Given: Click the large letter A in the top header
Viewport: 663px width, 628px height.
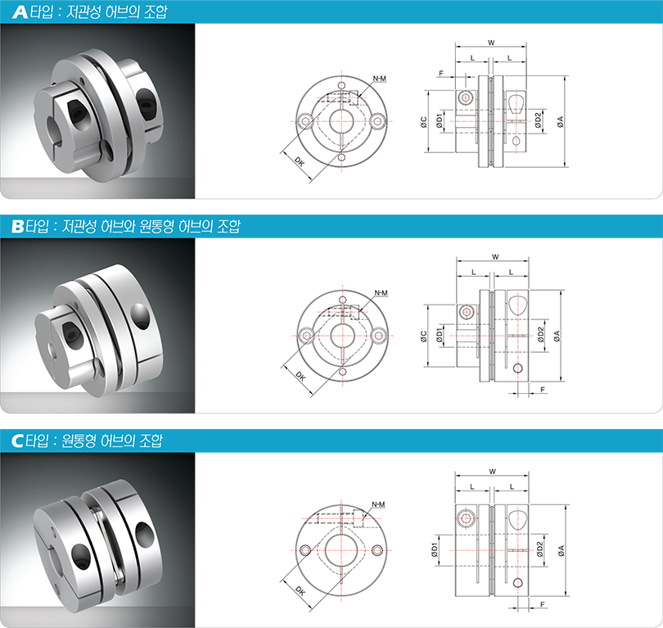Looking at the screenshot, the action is point(20,11).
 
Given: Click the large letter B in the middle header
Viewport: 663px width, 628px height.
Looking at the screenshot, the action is point(18,226).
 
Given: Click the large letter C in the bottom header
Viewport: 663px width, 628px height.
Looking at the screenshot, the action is point(18,441).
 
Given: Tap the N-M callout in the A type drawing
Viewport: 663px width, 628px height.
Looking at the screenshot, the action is point(379,79).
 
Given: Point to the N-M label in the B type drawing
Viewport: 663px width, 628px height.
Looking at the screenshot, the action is point(381,293).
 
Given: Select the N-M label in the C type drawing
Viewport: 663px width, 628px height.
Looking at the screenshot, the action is point(378,504).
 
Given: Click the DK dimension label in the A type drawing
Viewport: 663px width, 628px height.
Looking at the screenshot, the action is point(300,161).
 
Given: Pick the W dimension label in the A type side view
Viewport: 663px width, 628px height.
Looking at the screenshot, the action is point(491,43).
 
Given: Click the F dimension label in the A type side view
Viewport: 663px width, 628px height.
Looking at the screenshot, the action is point(441,73).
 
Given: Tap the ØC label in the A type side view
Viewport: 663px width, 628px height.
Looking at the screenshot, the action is point(424,122).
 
